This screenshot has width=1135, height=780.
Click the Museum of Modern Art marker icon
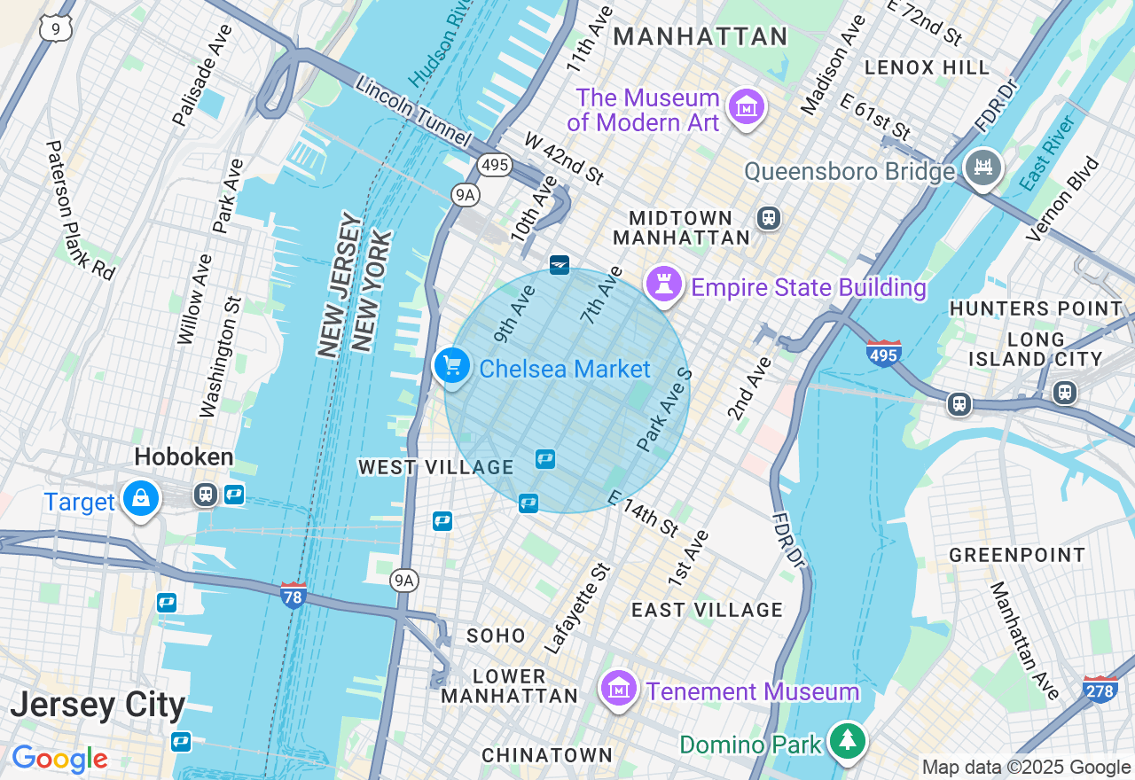(746, 108)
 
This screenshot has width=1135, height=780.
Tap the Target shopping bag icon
(141, 499)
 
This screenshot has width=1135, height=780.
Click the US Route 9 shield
(55, 28)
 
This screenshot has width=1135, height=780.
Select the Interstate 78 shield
(294, 595)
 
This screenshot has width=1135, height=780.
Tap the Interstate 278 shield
(1100, 689)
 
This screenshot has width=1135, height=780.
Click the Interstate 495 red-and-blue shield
(884, 353)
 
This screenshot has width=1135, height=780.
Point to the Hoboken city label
(184, 457)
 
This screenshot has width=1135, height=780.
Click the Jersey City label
(98, 706)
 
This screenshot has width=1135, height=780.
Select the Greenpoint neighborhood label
(1017, 555)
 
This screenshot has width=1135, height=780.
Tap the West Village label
(435, 467)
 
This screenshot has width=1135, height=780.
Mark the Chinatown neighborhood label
(546, 755)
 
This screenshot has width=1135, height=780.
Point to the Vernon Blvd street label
(1062, 199)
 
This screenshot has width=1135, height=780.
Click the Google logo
(59, 760)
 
